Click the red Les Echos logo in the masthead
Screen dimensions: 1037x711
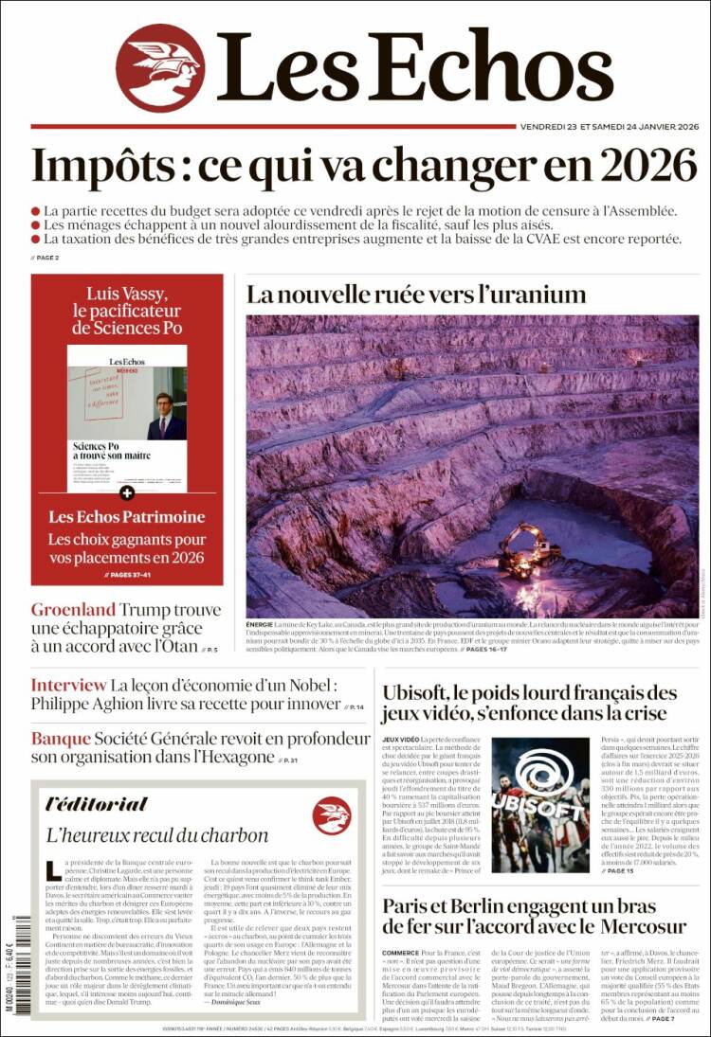160,68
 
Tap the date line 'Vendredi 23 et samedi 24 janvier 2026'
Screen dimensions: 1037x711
609,127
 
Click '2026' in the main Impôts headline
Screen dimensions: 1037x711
644,167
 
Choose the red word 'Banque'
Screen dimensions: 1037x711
61,739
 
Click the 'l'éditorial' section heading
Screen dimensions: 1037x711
97,803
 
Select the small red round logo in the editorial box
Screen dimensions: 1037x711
332,814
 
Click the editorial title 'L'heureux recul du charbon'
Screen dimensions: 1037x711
157,835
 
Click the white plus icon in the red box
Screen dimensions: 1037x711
127,493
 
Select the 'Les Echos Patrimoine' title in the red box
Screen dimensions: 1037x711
127,517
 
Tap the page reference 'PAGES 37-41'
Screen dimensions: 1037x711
127,575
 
